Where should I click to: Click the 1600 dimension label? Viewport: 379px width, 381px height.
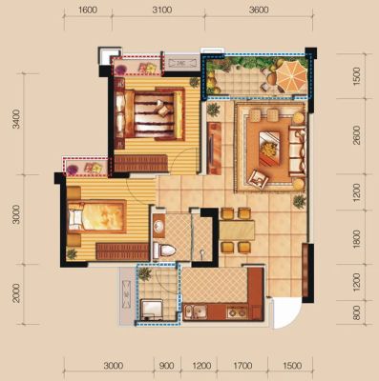click(88, 10)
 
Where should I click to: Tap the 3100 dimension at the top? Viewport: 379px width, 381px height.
click(162, 10)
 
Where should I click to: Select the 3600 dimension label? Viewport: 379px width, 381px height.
click(259, 10)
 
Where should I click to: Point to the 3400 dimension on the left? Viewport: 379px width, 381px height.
click(16, 119)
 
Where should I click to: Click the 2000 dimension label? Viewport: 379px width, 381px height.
click(16, 293)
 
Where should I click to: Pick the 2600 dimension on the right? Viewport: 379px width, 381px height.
click(357, 135)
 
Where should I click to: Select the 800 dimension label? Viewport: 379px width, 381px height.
click(357, 312)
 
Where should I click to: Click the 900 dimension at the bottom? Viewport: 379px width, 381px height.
click(167, 366)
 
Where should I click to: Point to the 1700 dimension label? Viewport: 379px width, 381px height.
click(242, 366)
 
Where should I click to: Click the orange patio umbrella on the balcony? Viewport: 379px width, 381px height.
click(291, 75)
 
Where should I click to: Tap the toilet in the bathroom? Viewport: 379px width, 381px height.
click(164, 250)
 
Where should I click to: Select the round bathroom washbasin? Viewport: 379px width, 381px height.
click(158, 227)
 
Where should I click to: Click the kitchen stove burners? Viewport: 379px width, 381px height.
click(237, 312)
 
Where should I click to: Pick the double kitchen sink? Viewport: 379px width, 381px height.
click(195, 311)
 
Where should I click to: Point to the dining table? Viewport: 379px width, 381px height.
click(237, 231)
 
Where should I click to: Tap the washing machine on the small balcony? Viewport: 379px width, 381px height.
click(152, 309)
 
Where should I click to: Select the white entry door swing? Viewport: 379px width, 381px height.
click(286, 313)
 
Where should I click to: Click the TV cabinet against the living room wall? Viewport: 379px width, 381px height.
click(214, 149)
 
